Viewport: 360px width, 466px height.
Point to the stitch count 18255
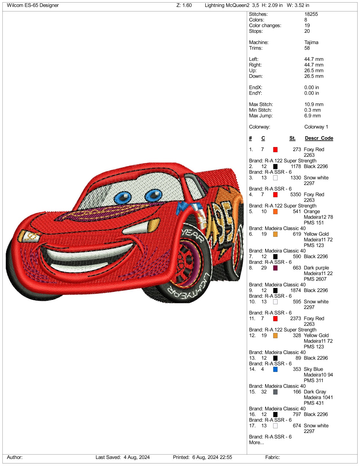point(311,14)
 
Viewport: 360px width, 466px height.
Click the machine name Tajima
point(311,42)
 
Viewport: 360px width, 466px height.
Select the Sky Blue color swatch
point(275,369)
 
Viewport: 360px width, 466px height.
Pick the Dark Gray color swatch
point(275,392)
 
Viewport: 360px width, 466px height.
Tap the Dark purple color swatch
point(275,268)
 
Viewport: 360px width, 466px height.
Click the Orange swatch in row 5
point(275,212)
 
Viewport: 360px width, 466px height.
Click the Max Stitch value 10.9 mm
point(314,104)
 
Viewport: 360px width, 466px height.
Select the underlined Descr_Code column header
point(319,138)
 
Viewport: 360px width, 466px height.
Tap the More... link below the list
point(256,443)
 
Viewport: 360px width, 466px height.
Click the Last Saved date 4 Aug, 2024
point(136,457)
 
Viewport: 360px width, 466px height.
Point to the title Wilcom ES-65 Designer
point(33,5)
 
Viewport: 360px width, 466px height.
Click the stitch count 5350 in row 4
point(295,195)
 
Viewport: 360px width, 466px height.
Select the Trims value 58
point(307,48)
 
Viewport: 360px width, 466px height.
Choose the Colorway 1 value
point(316,127)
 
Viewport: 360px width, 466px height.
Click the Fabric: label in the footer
point(272,457)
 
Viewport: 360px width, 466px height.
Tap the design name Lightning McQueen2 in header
point(227,5)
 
